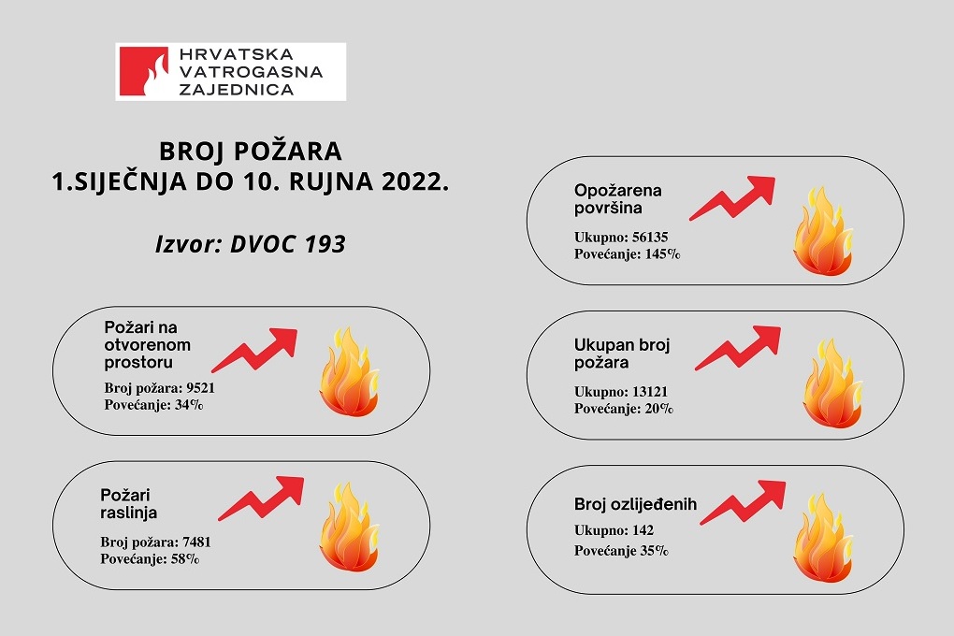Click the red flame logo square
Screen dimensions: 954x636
pos(144,71)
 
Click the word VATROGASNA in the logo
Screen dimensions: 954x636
pos(251,72)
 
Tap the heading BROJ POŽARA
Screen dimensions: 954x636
pos(251,151)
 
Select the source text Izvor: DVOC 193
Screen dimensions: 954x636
pos(251,244)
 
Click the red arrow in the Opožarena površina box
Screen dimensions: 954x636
pos(732,197)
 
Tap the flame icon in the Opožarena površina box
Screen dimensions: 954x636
pos(822,231)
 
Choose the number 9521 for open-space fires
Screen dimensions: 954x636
pos(201,388)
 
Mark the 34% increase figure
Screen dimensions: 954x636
pos(189,405)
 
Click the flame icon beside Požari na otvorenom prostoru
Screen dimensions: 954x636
pos(349,372)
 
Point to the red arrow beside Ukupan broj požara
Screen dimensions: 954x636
pos(737,348)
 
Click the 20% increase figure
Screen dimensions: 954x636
pos(658,409)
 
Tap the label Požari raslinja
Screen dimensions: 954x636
pos(129,503)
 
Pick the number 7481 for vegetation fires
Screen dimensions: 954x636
pos(196,542)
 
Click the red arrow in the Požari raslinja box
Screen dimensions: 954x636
pos(261,498)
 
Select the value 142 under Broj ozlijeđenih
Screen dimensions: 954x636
pos(643,530)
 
